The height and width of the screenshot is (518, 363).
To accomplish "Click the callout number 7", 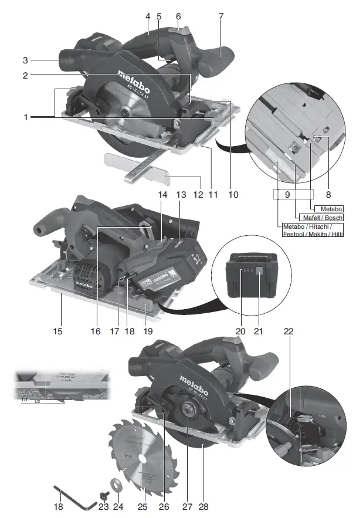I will (x=220, y=16).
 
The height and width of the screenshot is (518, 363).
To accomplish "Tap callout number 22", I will (x=287, y=332).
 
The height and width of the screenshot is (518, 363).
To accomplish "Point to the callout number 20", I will (x=240, y=331).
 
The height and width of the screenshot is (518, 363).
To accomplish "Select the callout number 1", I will (x=26, y=117).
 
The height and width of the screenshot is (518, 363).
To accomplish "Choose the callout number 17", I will (x=116, y=331).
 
